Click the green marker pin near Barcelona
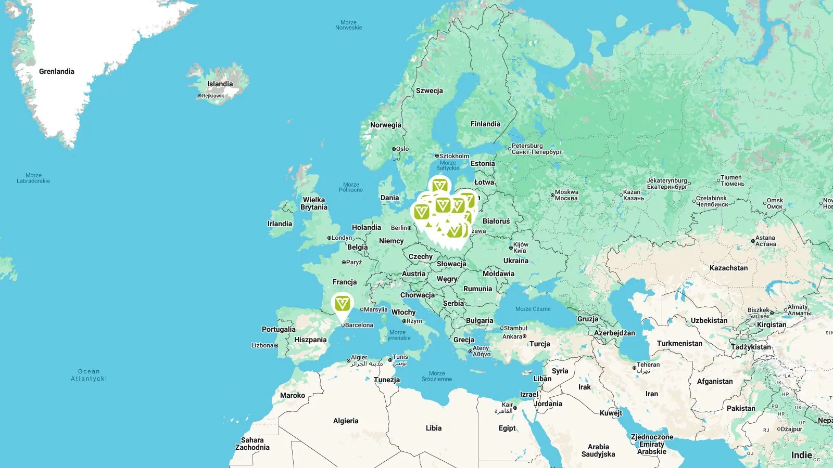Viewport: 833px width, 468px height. (x=342, y=304)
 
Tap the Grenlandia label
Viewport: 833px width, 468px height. (x=57, y=72)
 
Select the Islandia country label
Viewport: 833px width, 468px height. (x=220, y=84)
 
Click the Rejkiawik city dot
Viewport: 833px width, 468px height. (x=199, y=96)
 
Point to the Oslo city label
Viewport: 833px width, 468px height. (x=402, y=149)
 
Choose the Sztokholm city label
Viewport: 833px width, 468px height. (x=454, y=156)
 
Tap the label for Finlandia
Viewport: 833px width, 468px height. (x=485, y=124)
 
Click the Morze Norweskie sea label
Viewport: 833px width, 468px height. (x=348, y=25)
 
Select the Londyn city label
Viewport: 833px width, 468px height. (x=342, y=238)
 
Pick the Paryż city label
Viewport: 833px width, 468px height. (x=354, y=262)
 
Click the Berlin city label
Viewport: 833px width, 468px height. (x=399, y=228)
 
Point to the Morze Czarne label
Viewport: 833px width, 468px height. (x=533, y=309)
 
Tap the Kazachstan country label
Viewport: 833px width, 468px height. (x=728, y=268)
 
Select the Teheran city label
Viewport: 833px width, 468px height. (x=648, y=365)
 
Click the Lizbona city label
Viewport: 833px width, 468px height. (x=262, y=345)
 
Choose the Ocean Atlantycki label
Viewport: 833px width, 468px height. (x=89, y=375)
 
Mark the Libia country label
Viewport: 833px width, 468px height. (x=433, y=428)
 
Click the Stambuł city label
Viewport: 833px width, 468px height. (x=515, y=328)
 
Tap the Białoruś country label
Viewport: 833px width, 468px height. (x=496, y=221)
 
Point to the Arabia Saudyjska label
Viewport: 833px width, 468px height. (x=598, y=450)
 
